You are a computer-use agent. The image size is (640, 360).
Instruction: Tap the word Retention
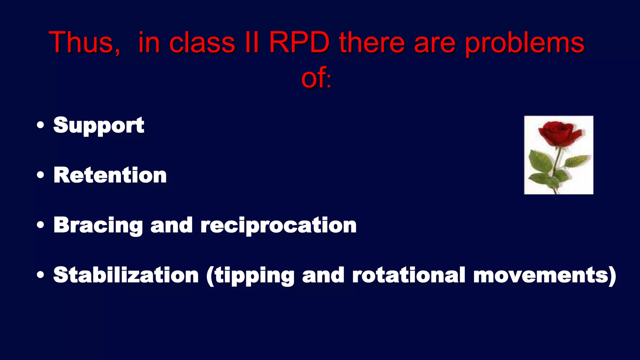pos(110,175)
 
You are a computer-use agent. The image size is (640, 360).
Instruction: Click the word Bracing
pos(98,225)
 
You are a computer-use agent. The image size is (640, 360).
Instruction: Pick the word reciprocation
pos(278,225)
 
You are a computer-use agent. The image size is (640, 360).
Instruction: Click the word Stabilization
pos(126,275)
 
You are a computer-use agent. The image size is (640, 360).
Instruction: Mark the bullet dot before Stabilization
pos(40,275)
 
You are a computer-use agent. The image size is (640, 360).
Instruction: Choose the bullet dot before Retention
pos(40,175)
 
